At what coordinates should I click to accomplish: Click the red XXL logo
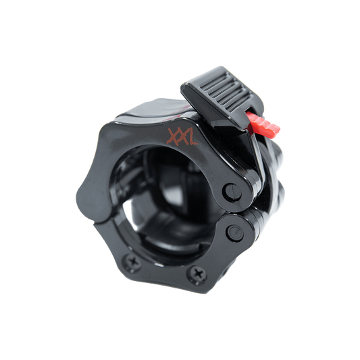point(182,137)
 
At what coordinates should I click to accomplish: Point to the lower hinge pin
point(235,233)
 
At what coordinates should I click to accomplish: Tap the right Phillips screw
point(197,274)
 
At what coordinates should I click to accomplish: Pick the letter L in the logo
point(192,137)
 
